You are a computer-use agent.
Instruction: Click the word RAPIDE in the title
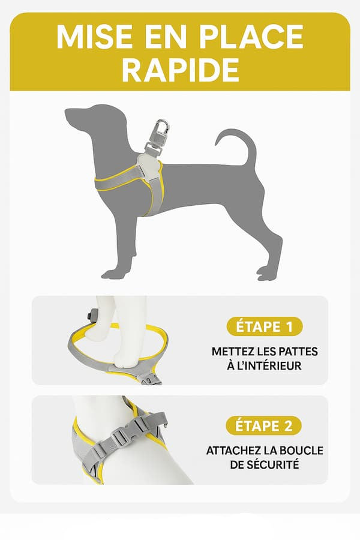(180, 70)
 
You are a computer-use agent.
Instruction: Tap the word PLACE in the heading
(251, 37)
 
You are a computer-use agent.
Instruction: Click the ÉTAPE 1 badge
(264, 326)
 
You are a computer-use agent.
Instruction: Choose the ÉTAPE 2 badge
(264, 425)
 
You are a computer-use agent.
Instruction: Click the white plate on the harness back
(149, 166)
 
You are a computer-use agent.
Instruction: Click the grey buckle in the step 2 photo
(119, 439)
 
